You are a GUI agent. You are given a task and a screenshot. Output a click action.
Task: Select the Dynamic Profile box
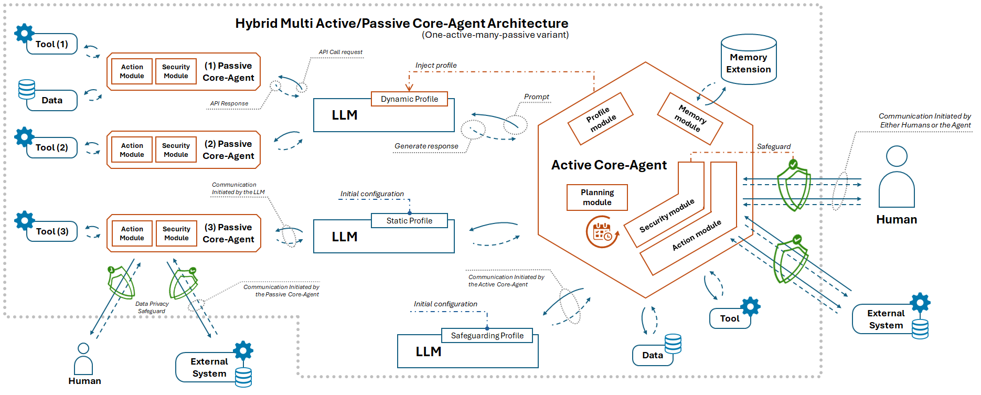409,99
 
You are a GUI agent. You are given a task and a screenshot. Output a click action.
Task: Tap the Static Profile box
409,221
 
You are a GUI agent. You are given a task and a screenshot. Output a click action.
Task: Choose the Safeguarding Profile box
487,336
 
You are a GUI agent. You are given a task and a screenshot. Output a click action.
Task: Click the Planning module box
597,197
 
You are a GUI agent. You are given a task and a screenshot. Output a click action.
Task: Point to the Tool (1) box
52,44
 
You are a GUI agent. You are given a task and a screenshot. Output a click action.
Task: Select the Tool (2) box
52,147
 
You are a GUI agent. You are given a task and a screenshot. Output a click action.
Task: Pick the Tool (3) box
52,231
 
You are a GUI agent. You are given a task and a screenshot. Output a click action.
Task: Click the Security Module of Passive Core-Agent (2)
176,150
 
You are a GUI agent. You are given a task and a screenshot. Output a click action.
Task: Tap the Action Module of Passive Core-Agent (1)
132,71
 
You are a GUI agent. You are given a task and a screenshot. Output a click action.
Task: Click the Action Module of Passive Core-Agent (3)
132,233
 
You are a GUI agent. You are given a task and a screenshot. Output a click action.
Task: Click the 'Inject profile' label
436,66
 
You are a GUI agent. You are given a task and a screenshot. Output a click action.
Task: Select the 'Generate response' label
426,146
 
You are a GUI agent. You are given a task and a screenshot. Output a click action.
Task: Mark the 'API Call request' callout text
340,52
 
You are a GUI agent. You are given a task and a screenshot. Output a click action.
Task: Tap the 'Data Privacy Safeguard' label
152,307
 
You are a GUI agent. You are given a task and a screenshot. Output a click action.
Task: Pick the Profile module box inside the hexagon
601,119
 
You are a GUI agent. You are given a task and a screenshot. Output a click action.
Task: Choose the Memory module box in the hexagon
690,119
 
